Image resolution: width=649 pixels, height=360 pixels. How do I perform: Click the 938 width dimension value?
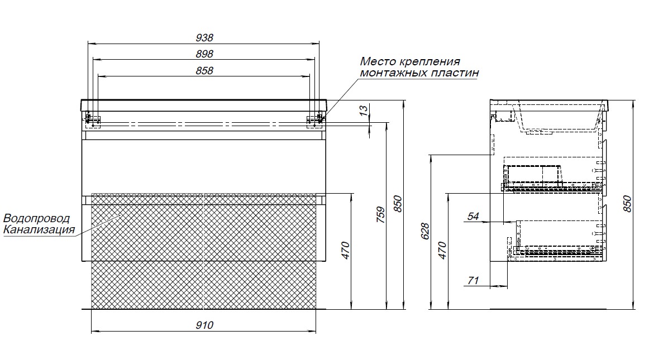pyautogui.click(x=204, y=37)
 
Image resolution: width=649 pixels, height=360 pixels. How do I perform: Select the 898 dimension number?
pyautogui.click(x=204, y=54)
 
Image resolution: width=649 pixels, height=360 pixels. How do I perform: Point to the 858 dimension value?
pyautogui.click(x=204, y=71)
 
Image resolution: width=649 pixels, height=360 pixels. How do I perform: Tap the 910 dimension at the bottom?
pyautogui.click(x=204, y=325)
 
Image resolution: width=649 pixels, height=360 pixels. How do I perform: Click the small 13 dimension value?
pyautogui.click(x=364, y=111)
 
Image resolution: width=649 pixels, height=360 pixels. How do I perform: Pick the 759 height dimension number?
pyautogui.click(x=380, y=215)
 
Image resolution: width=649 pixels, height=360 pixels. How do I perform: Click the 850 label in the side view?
pyautogui.click(x=627, y=204)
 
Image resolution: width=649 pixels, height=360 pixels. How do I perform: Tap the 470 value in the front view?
pyautogui.click(x=346, y=251)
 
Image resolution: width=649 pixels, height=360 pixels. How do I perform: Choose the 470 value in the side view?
pyautogui.click(x=442, y=251)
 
